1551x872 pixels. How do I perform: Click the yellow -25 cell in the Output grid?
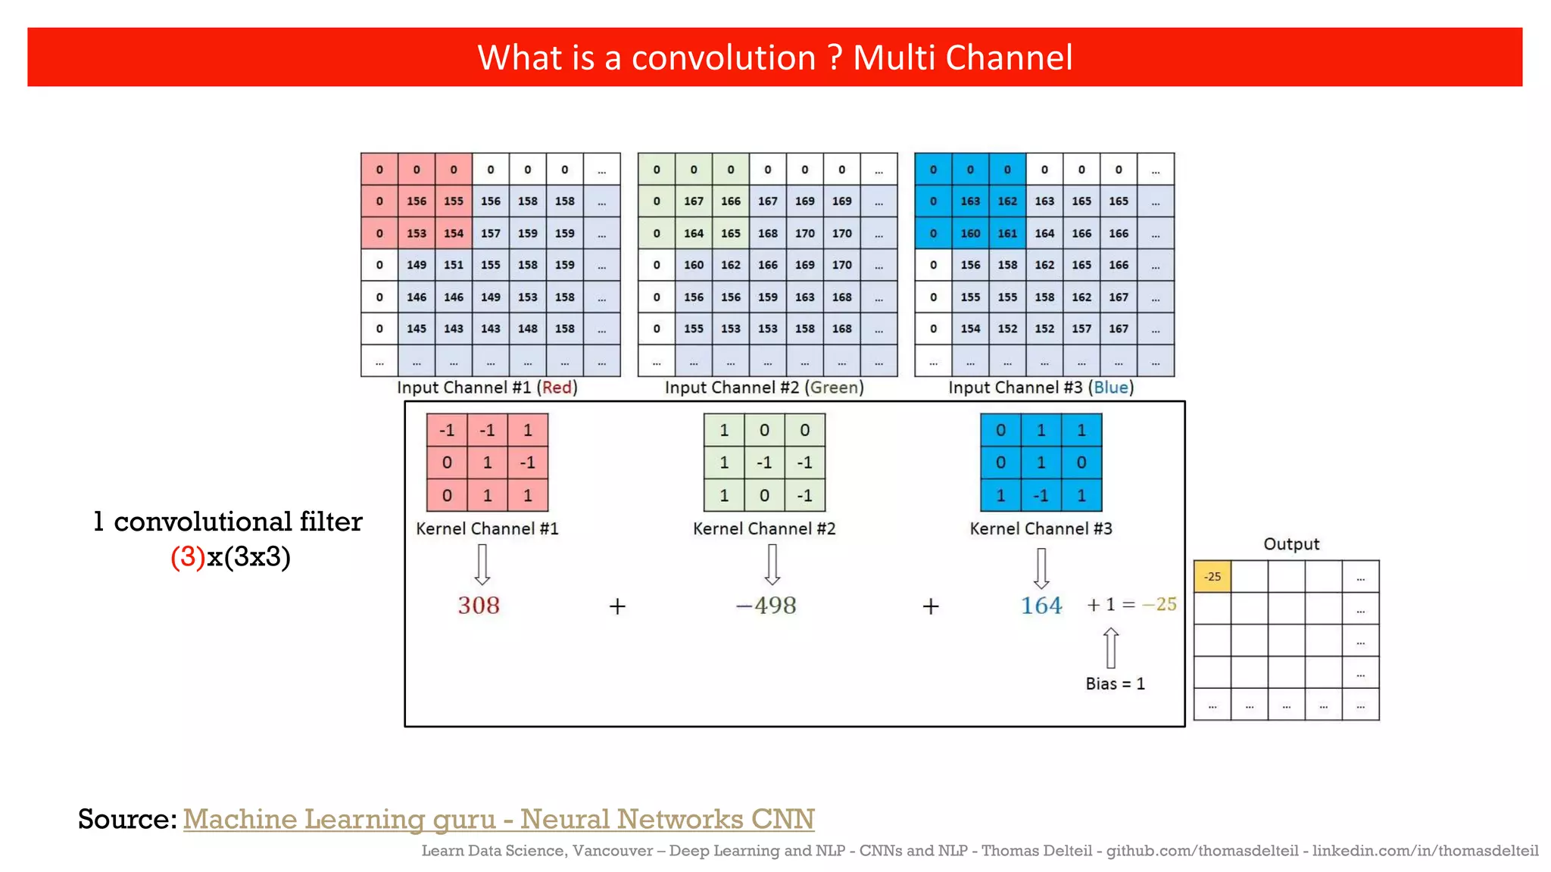tap(1212, 577)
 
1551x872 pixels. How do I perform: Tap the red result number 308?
tap(479, 606)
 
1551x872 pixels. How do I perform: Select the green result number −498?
tap(766, 606)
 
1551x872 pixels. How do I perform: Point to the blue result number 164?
tap(1041, 606)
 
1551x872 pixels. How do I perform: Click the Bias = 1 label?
tap(1115, 684)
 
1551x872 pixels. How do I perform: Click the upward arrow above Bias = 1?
tap(1111, 647)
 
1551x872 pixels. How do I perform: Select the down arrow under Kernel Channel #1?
tap(482, 565)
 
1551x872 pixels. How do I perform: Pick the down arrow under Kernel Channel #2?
tap(772, 565)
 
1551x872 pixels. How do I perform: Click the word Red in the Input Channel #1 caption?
tap(557, 388)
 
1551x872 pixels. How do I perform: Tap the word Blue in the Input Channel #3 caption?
tap(1111, 388)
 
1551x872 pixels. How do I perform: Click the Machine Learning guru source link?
tap(498, 819)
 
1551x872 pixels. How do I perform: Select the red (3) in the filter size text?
tap(188, 557)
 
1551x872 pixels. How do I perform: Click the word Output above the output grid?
tap(1290, 544)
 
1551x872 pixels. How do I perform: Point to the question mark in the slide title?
tap(835, 58)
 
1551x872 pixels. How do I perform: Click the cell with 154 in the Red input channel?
tap(454, 233)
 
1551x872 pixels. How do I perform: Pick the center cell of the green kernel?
tap(764, 462)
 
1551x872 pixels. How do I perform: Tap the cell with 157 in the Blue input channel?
tap(1081, 329)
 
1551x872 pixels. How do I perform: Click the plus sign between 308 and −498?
tap(617, 606)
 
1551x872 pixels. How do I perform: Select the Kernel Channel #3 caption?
tap(1041, 528)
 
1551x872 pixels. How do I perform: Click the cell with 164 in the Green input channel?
tap(694, 233)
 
